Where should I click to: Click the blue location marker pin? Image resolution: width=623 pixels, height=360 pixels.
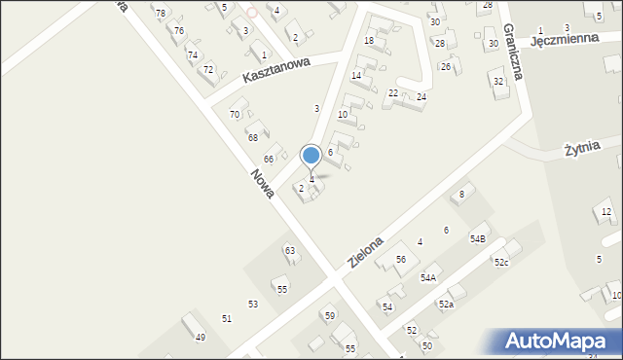[311, 156]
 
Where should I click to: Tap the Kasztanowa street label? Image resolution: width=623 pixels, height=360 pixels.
[277, 74]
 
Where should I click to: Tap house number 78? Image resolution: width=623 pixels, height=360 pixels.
[161, 13]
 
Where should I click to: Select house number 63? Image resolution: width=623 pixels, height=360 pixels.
[289, 251]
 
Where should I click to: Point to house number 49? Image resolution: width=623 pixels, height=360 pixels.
[201, 338]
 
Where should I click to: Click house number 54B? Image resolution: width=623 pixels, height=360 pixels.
[478, 238]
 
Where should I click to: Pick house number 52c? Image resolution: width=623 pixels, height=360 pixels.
[500, 263]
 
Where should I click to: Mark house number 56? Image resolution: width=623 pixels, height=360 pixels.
[400, 259]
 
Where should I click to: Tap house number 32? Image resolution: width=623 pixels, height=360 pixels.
[498, 81]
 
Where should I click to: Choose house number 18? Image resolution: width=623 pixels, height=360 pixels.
[369, 40]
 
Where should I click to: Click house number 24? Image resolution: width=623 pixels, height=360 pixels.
[421, 97]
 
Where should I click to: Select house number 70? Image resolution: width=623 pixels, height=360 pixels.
[235, 115]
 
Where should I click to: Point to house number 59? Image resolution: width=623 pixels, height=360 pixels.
[330, 316]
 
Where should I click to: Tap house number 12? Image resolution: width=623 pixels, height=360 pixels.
[606, 212]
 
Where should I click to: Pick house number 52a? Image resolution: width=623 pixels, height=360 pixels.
[446, 305]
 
